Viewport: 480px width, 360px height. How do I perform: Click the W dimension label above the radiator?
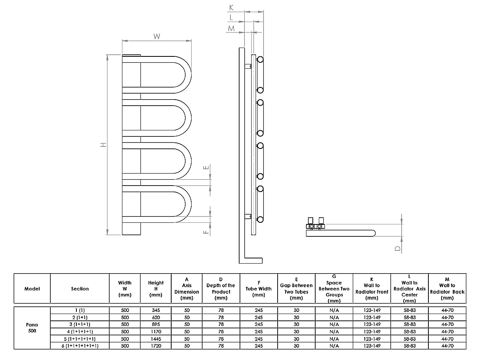pos(156,36)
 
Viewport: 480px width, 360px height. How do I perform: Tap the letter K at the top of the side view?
pos(231,8)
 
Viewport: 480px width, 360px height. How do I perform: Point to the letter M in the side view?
pos(231,28)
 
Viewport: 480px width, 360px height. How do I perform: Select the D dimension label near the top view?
pos(397,248)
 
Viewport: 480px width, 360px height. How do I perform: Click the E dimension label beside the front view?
pos(206,168)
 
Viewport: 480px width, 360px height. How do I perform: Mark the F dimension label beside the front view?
pos(206,232)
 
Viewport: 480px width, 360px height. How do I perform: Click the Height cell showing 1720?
pos(156,346)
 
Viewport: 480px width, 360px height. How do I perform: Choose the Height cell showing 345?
pos(156,310)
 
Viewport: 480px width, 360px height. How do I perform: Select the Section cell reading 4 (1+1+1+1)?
pos(80,332)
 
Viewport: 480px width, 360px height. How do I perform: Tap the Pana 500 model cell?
pos(32,328)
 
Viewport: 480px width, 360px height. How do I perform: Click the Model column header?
pos(32,288)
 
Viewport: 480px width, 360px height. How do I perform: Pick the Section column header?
pos(80,288)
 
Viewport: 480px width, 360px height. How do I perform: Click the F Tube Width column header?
pos(259,288)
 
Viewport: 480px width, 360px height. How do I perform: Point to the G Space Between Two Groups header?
pos(334,288)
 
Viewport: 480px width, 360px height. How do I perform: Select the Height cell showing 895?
pos(156,324)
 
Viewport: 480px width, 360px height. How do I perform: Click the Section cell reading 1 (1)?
pos(80,310)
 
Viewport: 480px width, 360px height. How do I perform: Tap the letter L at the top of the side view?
pos(231,17)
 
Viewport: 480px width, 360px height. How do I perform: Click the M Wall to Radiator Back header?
pos(447,288)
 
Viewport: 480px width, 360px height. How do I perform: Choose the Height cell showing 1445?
pos(156,339)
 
